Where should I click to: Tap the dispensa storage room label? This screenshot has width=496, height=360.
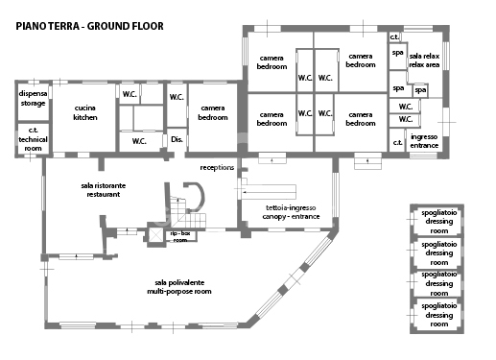click(x=32, y=99)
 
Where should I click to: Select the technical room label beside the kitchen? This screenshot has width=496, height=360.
click(x=32, y=139)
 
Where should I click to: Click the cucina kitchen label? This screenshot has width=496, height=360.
click(x=84, y=113)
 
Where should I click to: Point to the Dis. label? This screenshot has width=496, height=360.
click(x=177, y=140)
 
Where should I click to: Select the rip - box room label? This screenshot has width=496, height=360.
click(x=179, y=236)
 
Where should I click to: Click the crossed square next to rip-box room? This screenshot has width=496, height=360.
click(x=153, y=236)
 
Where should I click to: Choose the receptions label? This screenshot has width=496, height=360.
click(x=217, y=167)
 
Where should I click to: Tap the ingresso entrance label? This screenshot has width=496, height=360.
click(x=424, y=141)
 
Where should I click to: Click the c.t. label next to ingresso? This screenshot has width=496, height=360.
click(x=397, y=143)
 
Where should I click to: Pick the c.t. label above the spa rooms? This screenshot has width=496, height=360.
click(x=394, y=36)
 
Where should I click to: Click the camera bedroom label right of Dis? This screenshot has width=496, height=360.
click(x=212, y=113)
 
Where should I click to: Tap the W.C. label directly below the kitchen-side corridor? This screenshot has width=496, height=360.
click(x=139, y=141)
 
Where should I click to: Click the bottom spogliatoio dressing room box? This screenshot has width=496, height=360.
click(x=439, y=315)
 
